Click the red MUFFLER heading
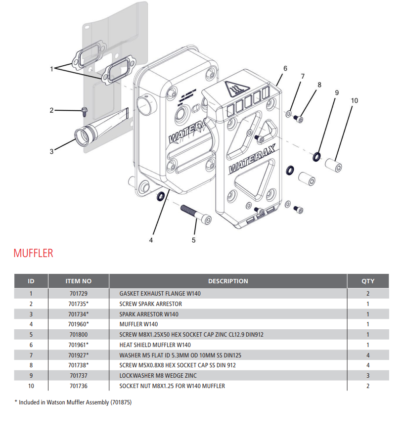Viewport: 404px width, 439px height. click(33, 253)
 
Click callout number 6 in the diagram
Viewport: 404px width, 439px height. click(285, 68)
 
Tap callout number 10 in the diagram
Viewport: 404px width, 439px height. click(354, 100)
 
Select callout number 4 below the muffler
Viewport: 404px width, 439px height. click(151, 240)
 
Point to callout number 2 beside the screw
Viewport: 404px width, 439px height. click(51, 110)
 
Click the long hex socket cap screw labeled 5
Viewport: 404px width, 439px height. click(196, 214)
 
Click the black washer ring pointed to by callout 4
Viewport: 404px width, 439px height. click(161, 197)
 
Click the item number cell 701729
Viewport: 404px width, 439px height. click(79, 294)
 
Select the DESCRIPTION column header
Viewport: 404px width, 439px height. click(228, 281)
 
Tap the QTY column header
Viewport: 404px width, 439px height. click(368, 281)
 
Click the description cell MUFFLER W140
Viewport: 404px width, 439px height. click(138, 324)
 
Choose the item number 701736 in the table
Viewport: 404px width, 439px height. click(79, 386)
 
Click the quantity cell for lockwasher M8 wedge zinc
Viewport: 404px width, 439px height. click(368, 376)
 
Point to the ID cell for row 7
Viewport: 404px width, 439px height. click(31, 355)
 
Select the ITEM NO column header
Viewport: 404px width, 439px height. click(79, 281)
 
